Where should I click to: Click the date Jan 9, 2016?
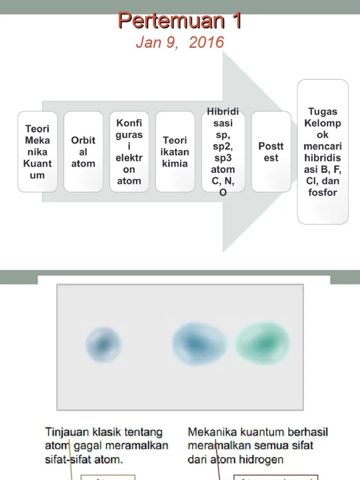pos(180,43)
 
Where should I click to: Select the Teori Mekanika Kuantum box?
pos(37,151)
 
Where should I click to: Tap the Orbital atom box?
pos(83,151)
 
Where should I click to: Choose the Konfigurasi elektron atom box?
pos(129,151)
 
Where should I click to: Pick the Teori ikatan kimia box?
pos(175,151)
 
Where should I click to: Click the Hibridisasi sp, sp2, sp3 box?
pos(223,151)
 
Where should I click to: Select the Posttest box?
pos(271,151)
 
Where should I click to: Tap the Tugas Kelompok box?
pos(323,151)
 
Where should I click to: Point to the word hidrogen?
pos(261,459)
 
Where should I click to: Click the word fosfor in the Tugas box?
pos(323,192)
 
